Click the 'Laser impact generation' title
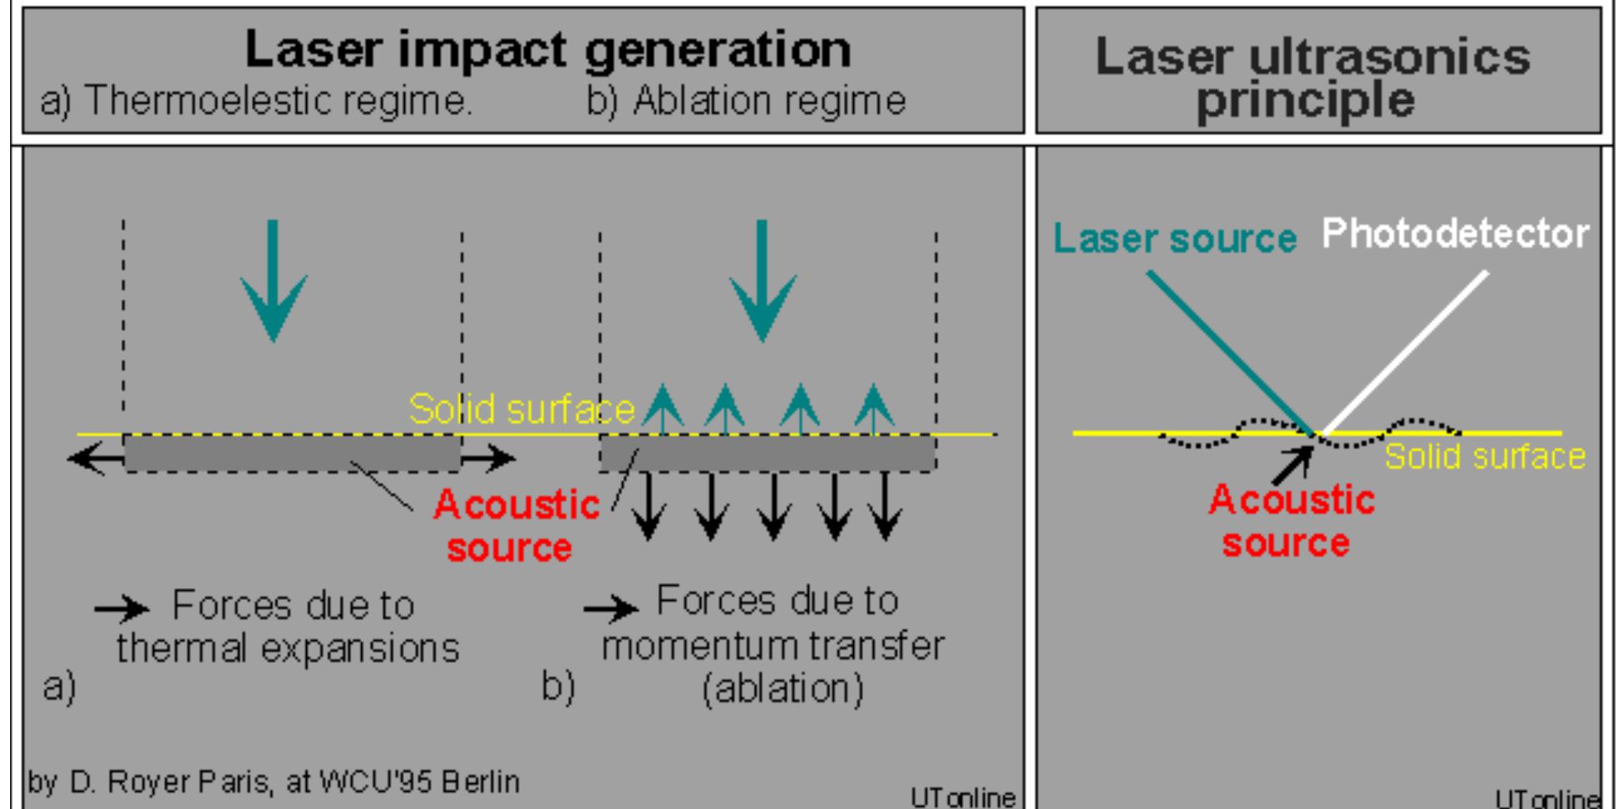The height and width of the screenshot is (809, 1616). pyautogui.click(x=548, y=49)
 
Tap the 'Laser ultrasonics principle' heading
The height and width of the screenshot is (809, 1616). pyautogui.click(x=1311, y=78)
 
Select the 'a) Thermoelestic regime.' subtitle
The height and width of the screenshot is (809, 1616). pyautogui.click(x=256, y=101)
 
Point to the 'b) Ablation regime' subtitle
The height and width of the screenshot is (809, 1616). pyautogui.click(x=746, y=101)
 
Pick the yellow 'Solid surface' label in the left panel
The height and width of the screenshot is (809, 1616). pyautogui.click(x=521, y=409)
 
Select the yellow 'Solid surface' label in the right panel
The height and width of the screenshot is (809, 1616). pyautogui.click(x=1485, y=457)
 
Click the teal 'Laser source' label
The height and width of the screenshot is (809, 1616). pyautogui.click(x=1175, y=238)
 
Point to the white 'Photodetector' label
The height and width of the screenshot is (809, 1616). pyautogui.click(x=1455, y=233)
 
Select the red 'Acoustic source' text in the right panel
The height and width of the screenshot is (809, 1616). pyautogui.click(x=1290, y=521)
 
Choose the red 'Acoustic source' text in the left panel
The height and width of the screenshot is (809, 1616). pyautogui.click(x=515, y=526)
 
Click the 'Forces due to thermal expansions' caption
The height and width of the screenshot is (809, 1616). pyautogui.click(x=287, y=626)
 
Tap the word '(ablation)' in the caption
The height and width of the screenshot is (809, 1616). pyautogui.click(x=782, y=689)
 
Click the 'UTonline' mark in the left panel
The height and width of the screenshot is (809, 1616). pyautogui.click(x=963, y=797)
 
